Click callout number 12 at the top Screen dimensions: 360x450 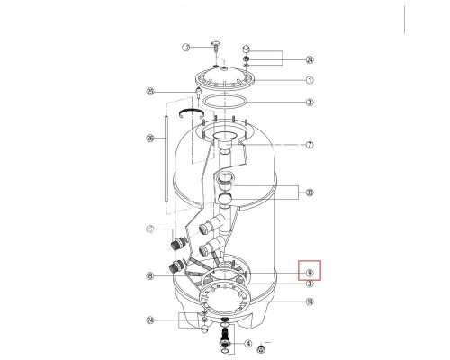pyautogui.click(x=185, y=47)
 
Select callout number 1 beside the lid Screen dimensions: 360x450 pyautogui.click(x=309, y=79)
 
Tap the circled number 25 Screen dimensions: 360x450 pyautogui.click(x=151, y=91)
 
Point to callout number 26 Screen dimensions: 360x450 pyautogui.click(x=150, y=138)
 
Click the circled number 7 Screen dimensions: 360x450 pyautogui.click(x=309, y=144)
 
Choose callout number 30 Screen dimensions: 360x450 pyautogui.click(x=309, y=192)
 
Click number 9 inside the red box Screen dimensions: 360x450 pyautogui.click(x=309, y=272)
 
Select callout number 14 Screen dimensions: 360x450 pyautogui.click(x=309, y=303)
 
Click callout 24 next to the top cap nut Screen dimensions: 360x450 pyautogui.click(x=309, y=60)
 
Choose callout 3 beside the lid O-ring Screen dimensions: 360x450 pyautogui.click(x=309, y=103)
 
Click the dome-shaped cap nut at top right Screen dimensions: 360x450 pyautogui.click(x=247, y=48)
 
